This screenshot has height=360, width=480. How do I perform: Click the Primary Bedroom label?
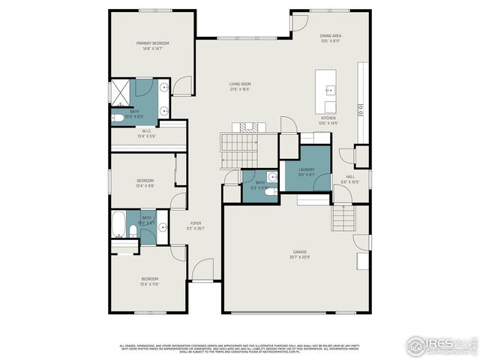(152, 43)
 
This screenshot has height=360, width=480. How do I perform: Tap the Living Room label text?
(240, 84)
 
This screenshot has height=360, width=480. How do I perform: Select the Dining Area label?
(330, 35)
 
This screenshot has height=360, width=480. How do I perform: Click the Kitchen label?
(329, 118)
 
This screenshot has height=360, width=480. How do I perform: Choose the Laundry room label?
(306, 169)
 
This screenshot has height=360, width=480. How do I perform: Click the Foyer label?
(195, 223)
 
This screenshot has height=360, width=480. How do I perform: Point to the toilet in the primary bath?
(118, 118)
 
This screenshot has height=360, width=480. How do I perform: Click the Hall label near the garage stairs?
(350, 177)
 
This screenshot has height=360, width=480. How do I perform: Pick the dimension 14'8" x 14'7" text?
(152, 49)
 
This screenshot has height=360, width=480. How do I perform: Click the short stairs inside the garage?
(343, 219)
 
